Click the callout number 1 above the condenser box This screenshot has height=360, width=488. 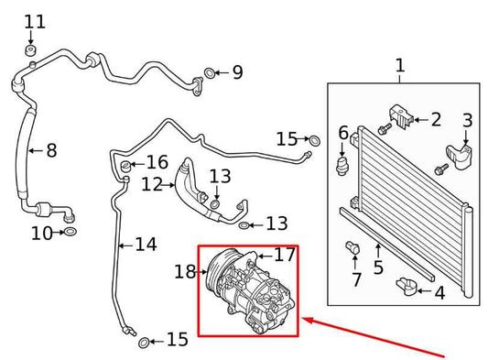[399, 66]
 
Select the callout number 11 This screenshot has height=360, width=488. [34, 22]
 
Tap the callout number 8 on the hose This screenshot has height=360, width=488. [51, 150]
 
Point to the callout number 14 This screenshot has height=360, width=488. [146, 245]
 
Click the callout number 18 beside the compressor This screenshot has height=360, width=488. [185, 271]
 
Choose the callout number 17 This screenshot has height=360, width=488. [285, 255]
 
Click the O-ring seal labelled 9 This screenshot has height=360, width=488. [211, 71]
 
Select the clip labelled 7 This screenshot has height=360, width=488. [352, 247]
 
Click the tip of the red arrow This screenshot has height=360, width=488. [305, 319]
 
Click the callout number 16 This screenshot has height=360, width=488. [157, 163]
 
